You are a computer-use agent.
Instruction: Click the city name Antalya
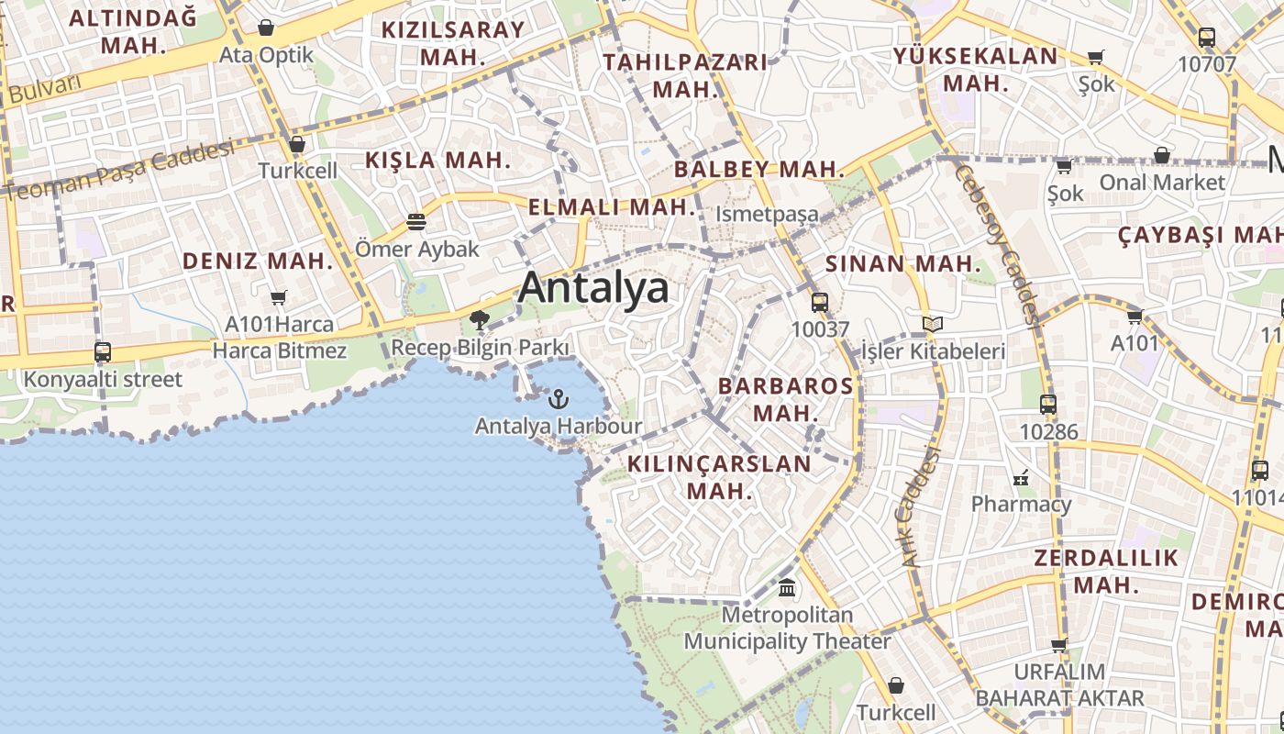(593, 288)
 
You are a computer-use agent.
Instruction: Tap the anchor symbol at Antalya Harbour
(558, 399)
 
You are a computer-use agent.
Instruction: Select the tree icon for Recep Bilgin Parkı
(479, 320)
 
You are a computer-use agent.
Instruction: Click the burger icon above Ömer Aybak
(416, 221)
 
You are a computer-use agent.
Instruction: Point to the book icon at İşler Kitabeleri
(932, 324)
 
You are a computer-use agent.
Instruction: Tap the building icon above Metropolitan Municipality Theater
(786, 587)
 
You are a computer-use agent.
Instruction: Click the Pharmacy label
(1021, 504)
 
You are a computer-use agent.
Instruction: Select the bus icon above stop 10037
(819, 302)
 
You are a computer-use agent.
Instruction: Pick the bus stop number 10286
(1048, 431)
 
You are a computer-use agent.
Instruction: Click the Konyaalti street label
(103, 379)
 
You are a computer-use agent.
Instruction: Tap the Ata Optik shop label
(266, 55)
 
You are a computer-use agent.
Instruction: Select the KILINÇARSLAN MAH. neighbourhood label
(719, 477)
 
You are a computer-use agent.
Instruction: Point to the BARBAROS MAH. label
(785, 399)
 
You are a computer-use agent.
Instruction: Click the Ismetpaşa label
(767, 214)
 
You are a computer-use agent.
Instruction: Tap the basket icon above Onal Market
(1161, 155)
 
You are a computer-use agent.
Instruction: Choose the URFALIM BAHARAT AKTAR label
(1059, 684)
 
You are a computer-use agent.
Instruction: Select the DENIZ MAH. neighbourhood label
(257, 261)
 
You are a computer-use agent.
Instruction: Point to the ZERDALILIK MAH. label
(1106, 572)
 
